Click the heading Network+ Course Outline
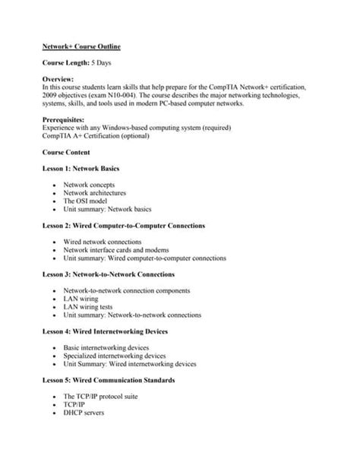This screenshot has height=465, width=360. coord(81,47)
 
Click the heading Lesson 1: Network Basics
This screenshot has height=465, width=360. coord(82,167)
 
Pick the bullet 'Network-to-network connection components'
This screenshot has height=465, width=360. coord(127,291)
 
